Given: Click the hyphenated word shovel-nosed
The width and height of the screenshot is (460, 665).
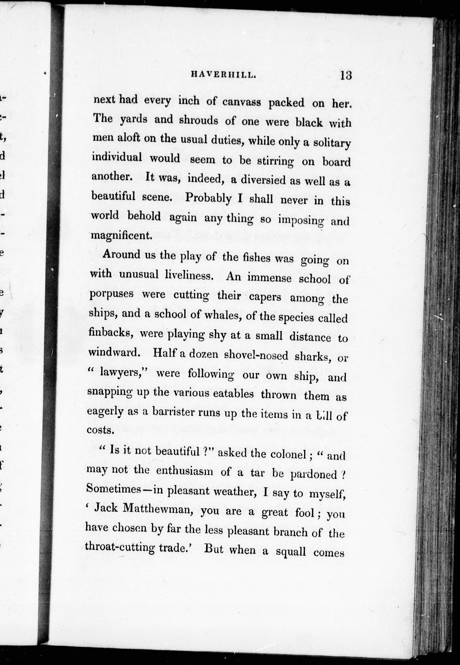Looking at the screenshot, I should pos(256,355).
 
